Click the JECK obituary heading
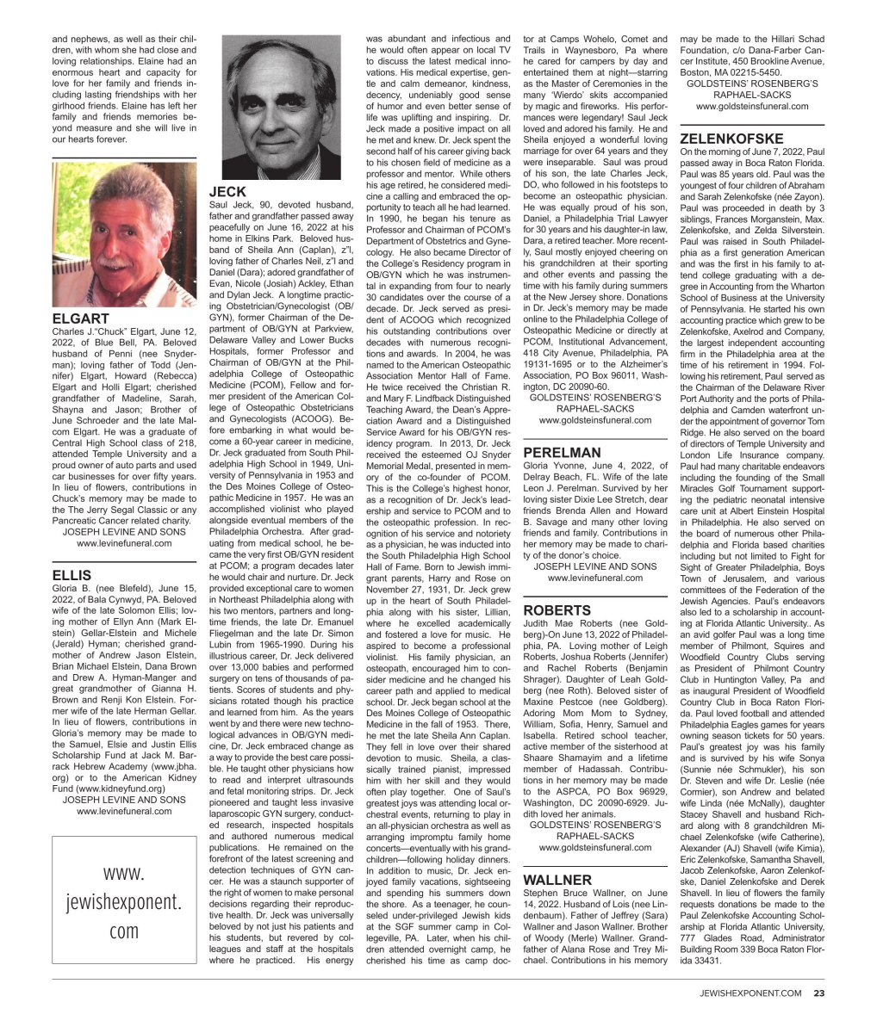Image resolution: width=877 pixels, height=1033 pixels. point(228,191)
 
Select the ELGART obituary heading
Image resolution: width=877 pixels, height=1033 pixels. point(80,319)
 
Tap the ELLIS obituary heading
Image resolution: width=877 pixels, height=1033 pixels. point(72,573)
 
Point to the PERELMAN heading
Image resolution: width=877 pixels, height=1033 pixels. point(562,452)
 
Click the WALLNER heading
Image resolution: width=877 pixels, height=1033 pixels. point(557,880)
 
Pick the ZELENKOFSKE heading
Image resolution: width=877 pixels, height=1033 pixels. point(731,138)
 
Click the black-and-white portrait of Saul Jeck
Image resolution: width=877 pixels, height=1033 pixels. point(281,108)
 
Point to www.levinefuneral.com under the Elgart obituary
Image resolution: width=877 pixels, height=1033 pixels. point(124,543)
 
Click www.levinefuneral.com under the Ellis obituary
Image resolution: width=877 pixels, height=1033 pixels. point(124,811)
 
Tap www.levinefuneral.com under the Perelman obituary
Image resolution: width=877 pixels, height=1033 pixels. point(595,578)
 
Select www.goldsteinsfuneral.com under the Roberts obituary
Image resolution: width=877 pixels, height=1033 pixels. point(595,847)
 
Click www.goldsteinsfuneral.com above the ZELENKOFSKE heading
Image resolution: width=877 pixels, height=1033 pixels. point(752,107)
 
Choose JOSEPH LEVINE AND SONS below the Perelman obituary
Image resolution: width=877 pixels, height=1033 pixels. point(595,566)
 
